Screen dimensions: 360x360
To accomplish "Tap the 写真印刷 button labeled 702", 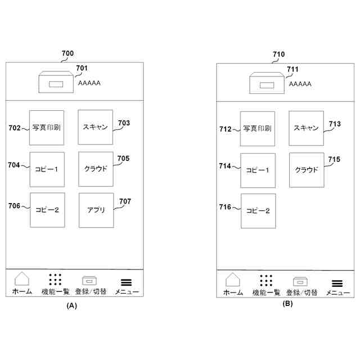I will pos(47,127).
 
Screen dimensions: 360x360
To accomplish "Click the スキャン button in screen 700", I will pos(95,127).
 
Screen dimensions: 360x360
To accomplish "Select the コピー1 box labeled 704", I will pos(47,169).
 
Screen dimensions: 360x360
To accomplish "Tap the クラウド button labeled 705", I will pos(96,169).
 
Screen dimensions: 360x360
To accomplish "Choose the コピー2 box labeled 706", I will pos(47,210).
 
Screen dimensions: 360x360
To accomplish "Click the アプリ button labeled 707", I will pos(96,210).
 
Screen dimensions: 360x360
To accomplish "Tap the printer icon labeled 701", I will pos(56,83).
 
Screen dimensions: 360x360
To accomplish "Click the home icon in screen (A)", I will pos(22,280).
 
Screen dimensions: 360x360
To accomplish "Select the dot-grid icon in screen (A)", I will pos(55,280).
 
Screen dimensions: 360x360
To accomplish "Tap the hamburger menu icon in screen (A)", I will pos(127,283).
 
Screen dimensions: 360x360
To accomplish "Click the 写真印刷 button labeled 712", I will pos(258,129).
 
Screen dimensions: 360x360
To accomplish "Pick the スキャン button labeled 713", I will pos(306,128).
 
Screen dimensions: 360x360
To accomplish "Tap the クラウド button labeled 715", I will pos(307,170).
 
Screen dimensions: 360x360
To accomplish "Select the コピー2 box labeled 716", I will pos(258,211).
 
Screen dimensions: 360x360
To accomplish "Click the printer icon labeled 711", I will pos(267,84).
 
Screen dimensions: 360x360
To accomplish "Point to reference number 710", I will pos(278,55).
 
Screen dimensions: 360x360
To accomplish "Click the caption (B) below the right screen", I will pos(287,304).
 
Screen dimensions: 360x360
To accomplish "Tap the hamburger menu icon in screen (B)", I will pos(337,283).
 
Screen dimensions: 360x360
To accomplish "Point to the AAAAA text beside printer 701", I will pos(89,83).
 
